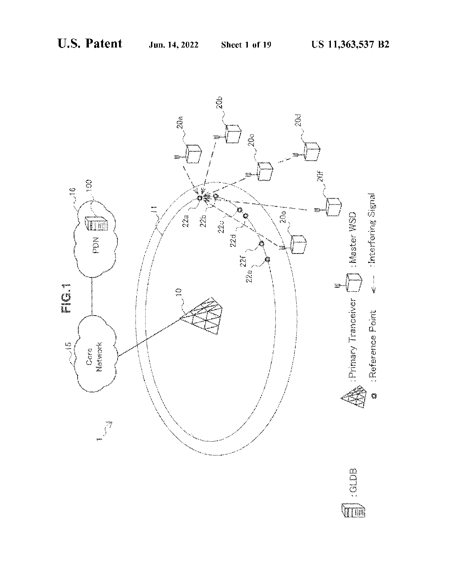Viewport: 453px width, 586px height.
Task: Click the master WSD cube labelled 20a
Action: (194, 153)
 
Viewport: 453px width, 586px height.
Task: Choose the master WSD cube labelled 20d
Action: (312, 151)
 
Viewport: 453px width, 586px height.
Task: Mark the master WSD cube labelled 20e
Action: (298, 244)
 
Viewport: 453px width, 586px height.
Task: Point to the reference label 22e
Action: (249, 277)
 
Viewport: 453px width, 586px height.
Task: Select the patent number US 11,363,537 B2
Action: (350, 45)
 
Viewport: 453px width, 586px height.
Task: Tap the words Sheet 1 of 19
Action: (246, 45)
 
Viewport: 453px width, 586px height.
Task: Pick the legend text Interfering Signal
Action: (373, 231)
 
